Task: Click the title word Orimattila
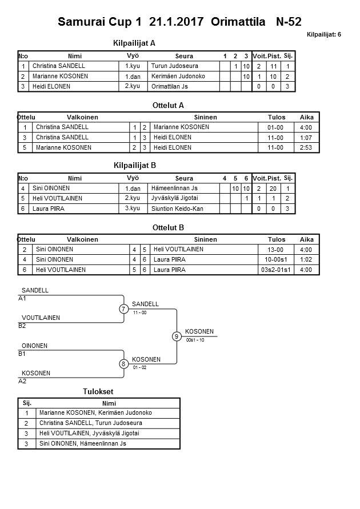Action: click(238, 22)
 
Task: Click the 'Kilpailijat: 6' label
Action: click(324, 34)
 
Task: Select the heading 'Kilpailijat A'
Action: click(135, 43)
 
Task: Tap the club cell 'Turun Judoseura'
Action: click(174, 66)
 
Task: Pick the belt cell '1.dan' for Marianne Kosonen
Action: click(133, 77)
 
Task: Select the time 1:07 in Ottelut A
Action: click(307, 138)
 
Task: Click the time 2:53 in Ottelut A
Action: click(307, 148)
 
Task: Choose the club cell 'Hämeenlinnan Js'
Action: click(174, 189)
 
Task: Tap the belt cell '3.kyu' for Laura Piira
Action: click(133, 209)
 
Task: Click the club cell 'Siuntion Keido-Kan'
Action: click(177, 209)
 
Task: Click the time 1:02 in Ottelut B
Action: click(307, 260)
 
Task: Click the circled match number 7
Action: click(123, 309)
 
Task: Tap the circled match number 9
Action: click(177, 336)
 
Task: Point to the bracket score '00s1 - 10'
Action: click(195, 340)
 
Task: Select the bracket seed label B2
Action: click(22, 326)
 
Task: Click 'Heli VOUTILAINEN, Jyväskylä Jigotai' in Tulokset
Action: click(89, 434)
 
